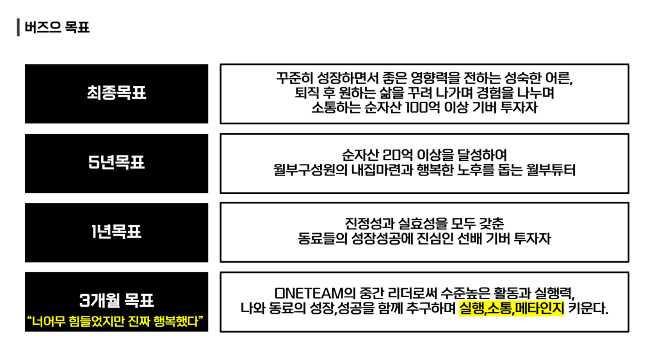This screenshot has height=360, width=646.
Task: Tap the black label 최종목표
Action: coord(117,94)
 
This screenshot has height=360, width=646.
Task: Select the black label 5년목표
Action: coord(117,163)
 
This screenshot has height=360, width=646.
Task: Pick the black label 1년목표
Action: coord(117,232)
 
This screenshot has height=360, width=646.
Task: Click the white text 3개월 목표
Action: coord(117,300)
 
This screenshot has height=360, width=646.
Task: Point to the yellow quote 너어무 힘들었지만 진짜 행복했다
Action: coord(117,320)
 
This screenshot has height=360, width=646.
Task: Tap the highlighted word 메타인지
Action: coord(539,309)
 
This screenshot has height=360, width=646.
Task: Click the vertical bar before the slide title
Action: coord(19,28)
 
